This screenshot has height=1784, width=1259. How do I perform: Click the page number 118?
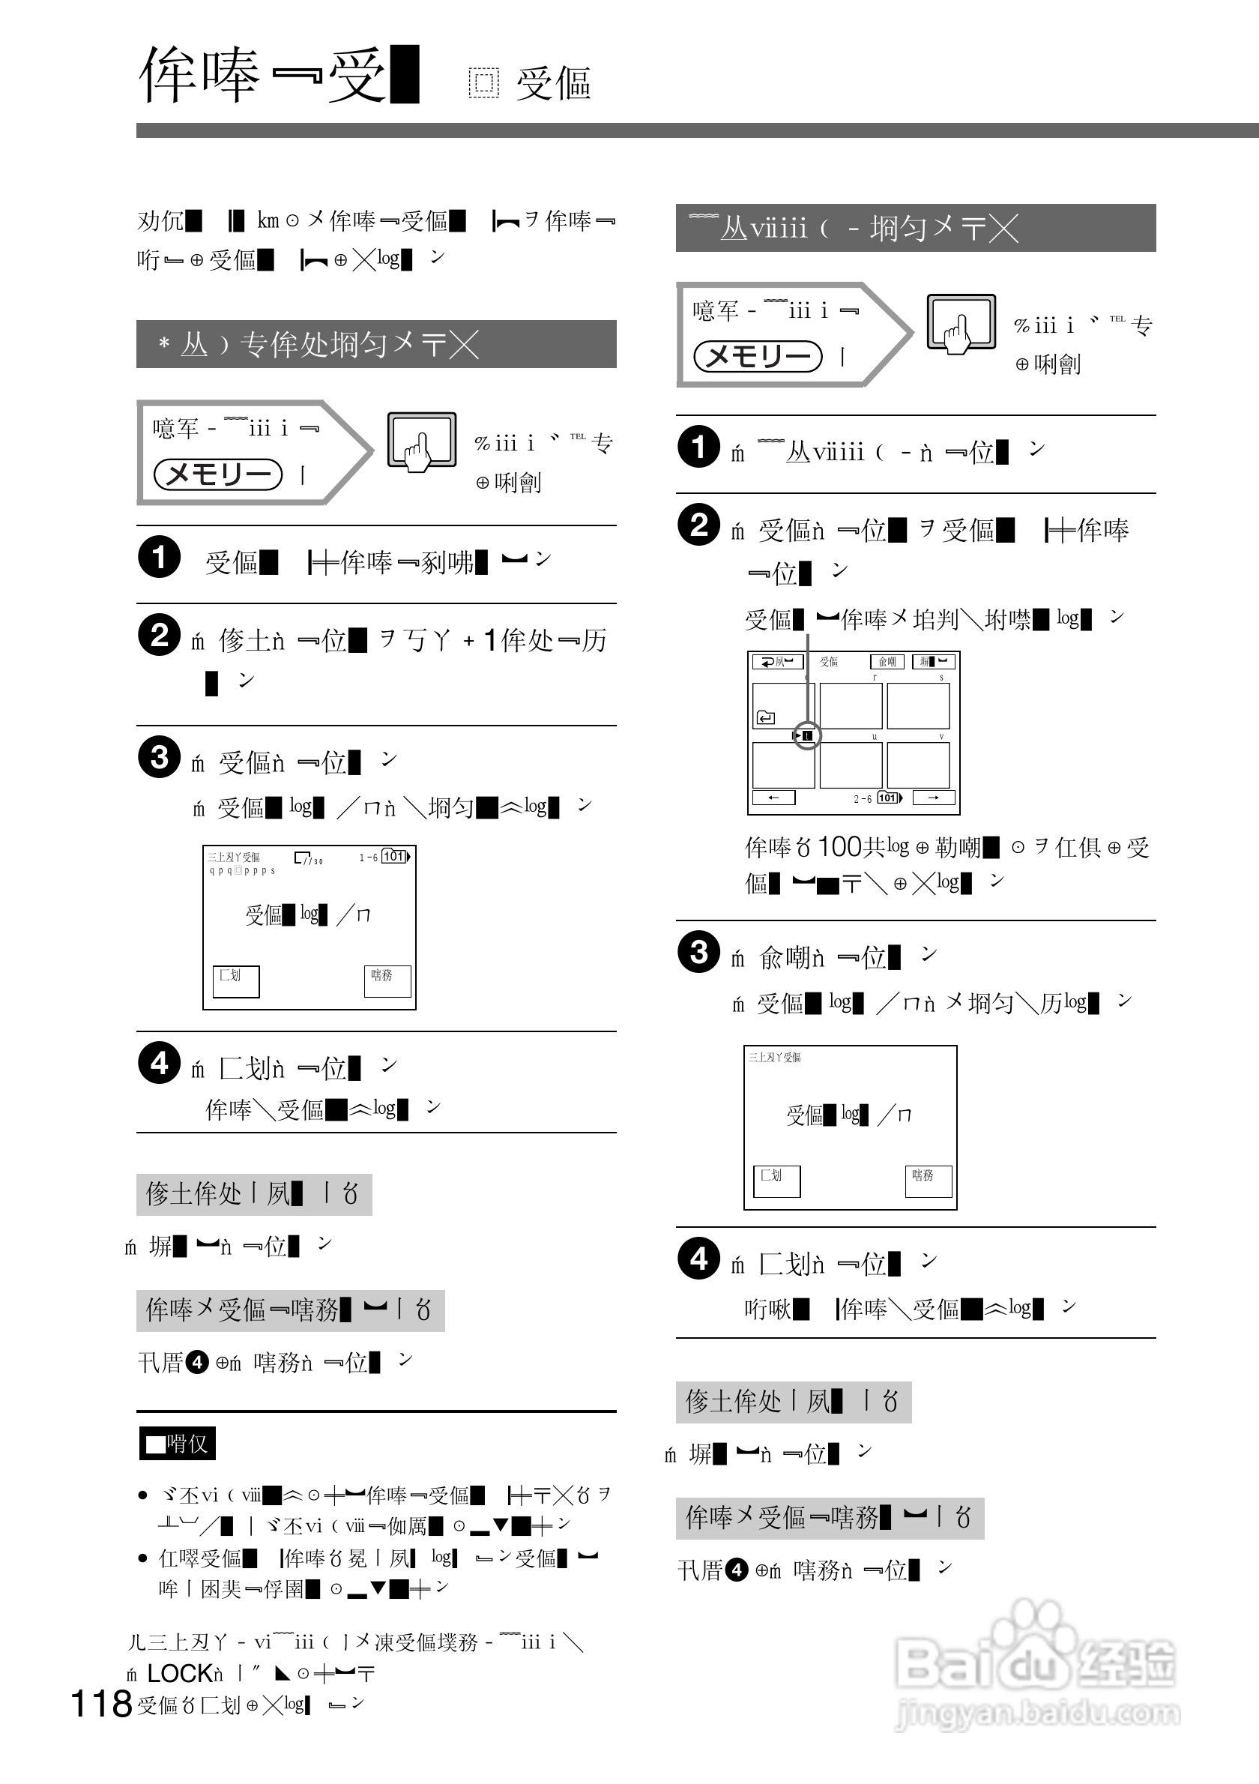[x=101, y=1704]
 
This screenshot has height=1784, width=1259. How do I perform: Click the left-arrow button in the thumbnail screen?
[x=773, y=798]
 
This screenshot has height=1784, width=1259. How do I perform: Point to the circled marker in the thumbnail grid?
[x=806, y=735]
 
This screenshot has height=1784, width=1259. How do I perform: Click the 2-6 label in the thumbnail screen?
[x=862, y=798]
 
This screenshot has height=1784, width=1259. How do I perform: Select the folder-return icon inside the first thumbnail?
[x=765, y=717]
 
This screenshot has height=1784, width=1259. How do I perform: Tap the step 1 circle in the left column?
[x=159, y=557]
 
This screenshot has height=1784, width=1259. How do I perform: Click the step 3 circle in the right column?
[x=698, y=952]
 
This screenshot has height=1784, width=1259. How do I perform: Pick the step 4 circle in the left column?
[x=159, y=1063]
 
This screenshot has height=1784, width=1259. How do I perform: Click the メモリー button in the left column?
[x=218, y=474]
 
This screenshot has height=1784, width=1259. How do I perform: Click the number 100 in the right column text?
[x=840, y=847]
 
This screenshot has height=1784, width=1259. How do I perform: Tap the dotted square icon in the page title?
[x=483, y=83]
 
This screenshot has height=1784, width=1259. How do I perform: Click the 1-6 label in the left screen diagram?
[x=368, y=857]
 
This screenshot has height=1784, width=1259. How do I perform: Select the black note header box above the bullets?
[x=177, y=1444]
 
